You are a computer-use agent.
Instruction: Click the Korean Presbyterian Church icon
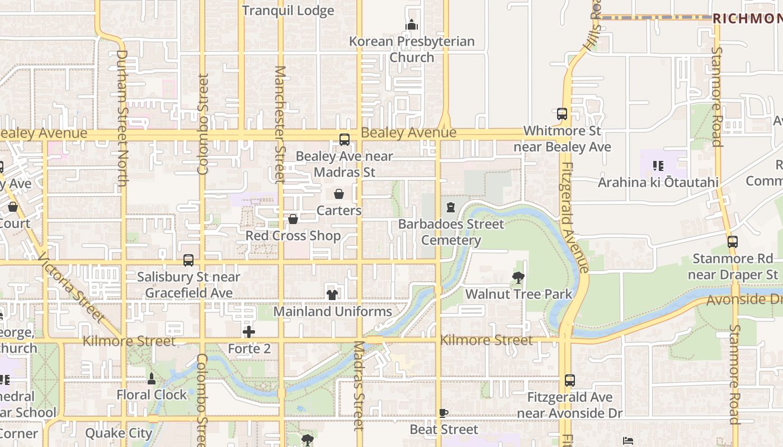(x=412, y=25)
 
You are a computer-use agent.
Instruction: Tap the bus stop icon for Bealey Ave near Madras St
(x=345, y=140)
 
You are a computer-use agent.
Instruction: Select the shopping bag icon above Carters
(x=339, y=194)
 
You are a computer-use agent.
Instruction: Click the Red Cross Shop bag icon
(x=293, y=219)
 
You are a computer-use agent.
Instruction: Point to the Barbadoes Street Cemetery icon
(x=451, y=207)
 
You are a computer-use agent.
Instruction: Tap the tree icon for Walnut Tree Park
(x=518, y=277)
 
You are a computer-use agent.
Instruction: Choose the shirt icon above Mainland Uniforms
(x=332, y=294)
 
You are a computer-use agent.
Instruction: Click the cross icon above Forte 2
(x=249, y=332)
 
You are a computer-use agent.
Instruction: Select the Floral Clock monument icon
(x=151, y=378)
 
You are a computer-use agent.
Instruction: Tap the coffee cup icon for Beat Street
(x=444, y=413)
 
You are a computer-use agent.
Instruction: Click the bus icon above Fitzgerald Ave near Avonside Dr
(x=569, y=381)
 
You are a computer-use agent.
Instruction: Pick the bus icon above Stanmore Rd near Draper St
(x=732, y=242)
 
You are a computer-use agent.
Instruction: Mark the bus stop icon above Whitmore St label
(x=562, y=114)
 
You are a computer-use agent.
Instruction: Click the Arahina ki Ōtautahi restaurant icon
(x=658, y=166)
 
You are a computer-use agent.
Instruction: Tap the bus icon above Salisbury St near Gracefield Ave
(x=188, y=260)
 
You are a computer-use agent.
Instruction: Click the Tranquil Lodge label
(x=288, y=11)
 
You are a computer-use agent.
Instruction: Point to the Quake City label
(x=119, y=433)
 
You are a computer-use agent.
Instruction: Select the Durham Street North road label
(x=122, y=118)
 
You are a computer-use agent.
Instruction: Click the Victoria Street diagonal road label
(x=71, y=288)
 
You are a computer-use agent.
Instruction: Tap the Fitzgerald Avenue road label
(x=574, y=218)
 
